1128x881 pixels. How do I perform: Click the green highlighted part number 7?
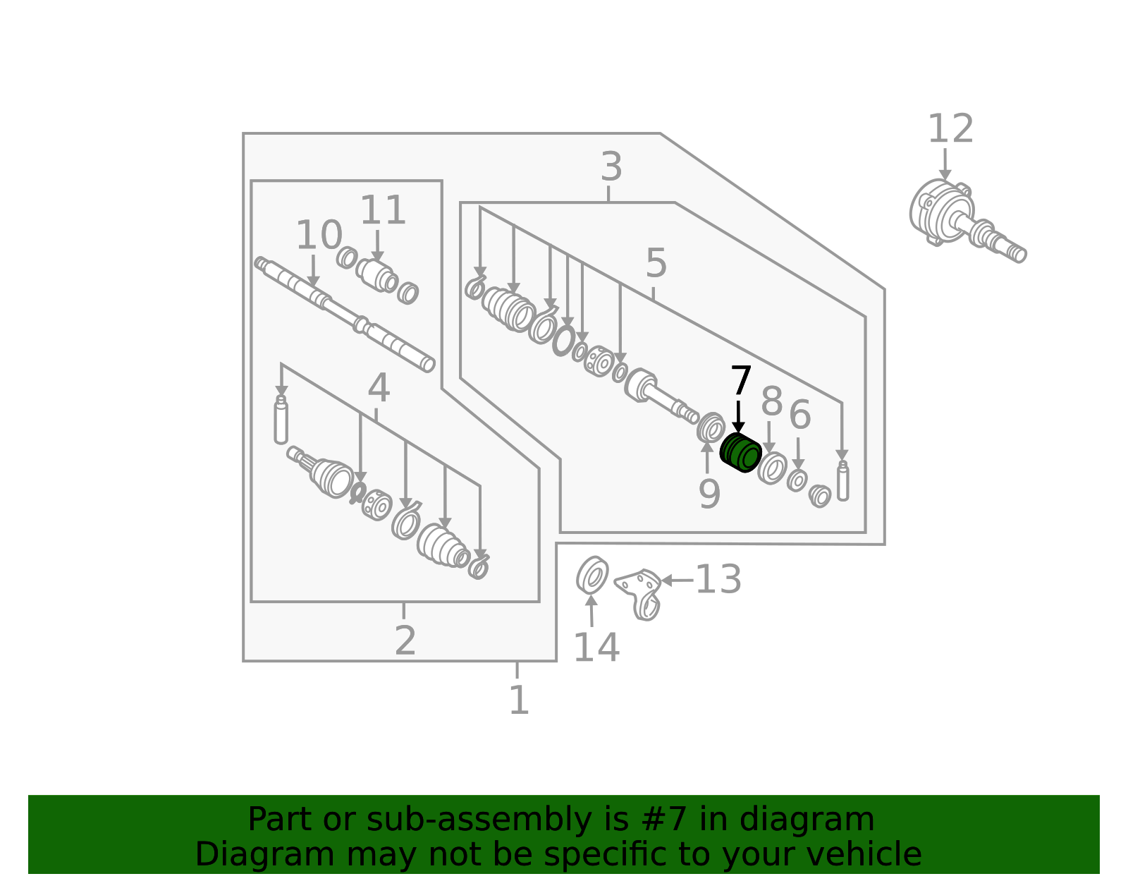tap(740, 453)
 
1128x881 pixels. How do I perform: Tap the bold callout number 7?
tap(741, 380)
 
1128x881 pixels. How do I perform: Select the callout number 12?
tap(950, 129)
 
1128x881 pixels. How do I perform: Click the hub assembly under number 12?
tap(967, 221)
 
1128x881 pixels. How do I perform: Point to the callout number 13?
tap(718, 579)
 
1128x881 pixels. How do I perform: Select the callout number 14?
tap(596, 648)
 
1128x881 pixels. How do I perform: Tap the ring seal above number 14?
tap(592, 575)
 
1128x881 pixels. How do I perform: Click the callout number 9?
tap(710, 494)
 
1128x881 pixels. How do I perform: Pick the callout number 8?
tap(772, 401)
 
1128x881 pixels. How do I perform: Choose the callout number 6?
tap(800, 415)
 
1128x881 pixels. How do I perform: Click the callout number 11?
tap(383, 210)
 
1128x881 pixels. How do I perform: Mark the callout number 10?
tap(319, 235)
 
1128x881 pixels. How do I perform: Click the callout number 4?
tap(379, 389)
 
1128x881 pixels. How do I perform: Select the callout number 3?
tap(611, 167)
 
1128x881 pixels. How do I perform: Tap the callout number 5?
tap(656, 263)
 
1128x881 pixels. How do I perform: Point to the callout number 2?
tap(405, 640)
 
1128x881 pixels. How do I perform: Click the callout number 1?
tap(519, 700)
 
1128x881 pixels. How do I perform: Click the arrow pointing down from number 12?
tap(945, 164)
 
